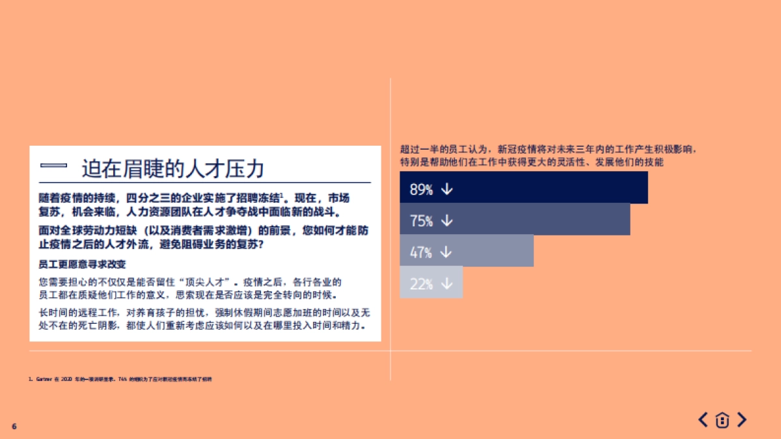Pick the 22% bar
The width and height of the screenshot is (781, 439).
pos(431,283)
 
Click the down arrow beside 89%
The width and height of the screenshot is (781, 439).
pos(446,189)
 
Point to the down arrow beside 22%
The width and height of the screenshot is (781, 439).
pos(446,284)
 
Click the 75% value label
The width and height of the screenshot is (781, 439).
pos(421,221)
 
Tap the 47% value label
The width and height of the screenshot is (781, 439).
pos(421,252)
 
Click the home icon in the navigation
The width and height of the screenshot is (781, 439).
pos(722,420)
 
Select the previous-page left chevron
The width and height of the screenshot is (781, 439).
pos(703,420)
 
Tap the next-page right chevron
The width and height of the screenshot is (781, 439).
pos(741,420)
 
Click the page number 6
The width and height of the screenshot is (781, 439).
pos(14,426)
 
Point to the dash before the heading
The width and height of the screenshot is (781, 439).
pos(54,167)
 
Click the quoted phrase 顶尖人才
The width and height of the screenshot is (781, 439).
pos(207,283)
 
